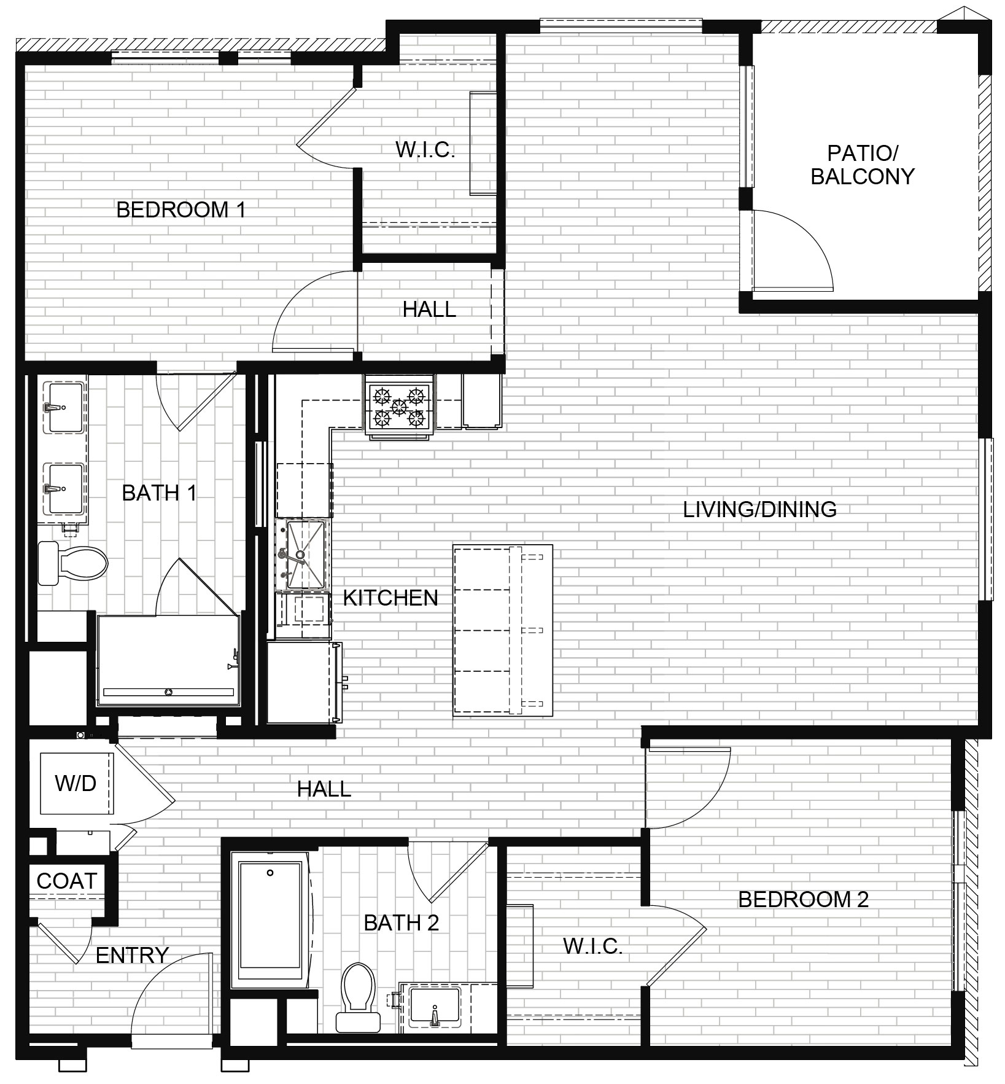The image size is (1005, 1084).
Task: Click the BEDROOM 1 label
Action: pos(181,210)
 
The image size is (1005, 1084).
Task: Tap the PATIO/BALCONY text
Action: pos(863,165)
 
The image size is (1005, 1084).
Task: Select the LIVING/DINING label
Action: pos(760,509)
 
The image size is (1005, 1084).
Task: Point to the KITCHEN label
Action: pos(390,598)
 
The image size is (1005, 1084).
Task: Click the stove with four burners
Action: pos(400,407)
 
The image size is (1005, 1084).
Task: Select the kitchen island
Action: pos(503,630)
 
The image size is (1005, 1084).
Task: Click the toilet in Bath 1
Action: pos(72,563)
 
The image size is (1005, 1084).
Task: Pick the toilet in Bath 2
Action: pos(358,997)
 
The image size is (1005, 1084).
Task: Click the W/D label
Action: pos(76,783)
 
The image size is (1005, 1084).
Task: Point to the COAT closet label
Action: pos(67,881)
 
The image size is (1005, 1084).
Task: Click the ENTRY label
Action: pos(132,955)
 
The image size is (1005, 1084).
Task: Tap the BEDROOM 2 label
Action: pos(803,900)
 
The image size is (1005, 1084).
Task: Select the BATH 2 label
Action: pos(402,922)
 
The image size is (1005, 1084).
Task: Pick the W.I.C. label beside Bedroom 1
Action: pos(425,150)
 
